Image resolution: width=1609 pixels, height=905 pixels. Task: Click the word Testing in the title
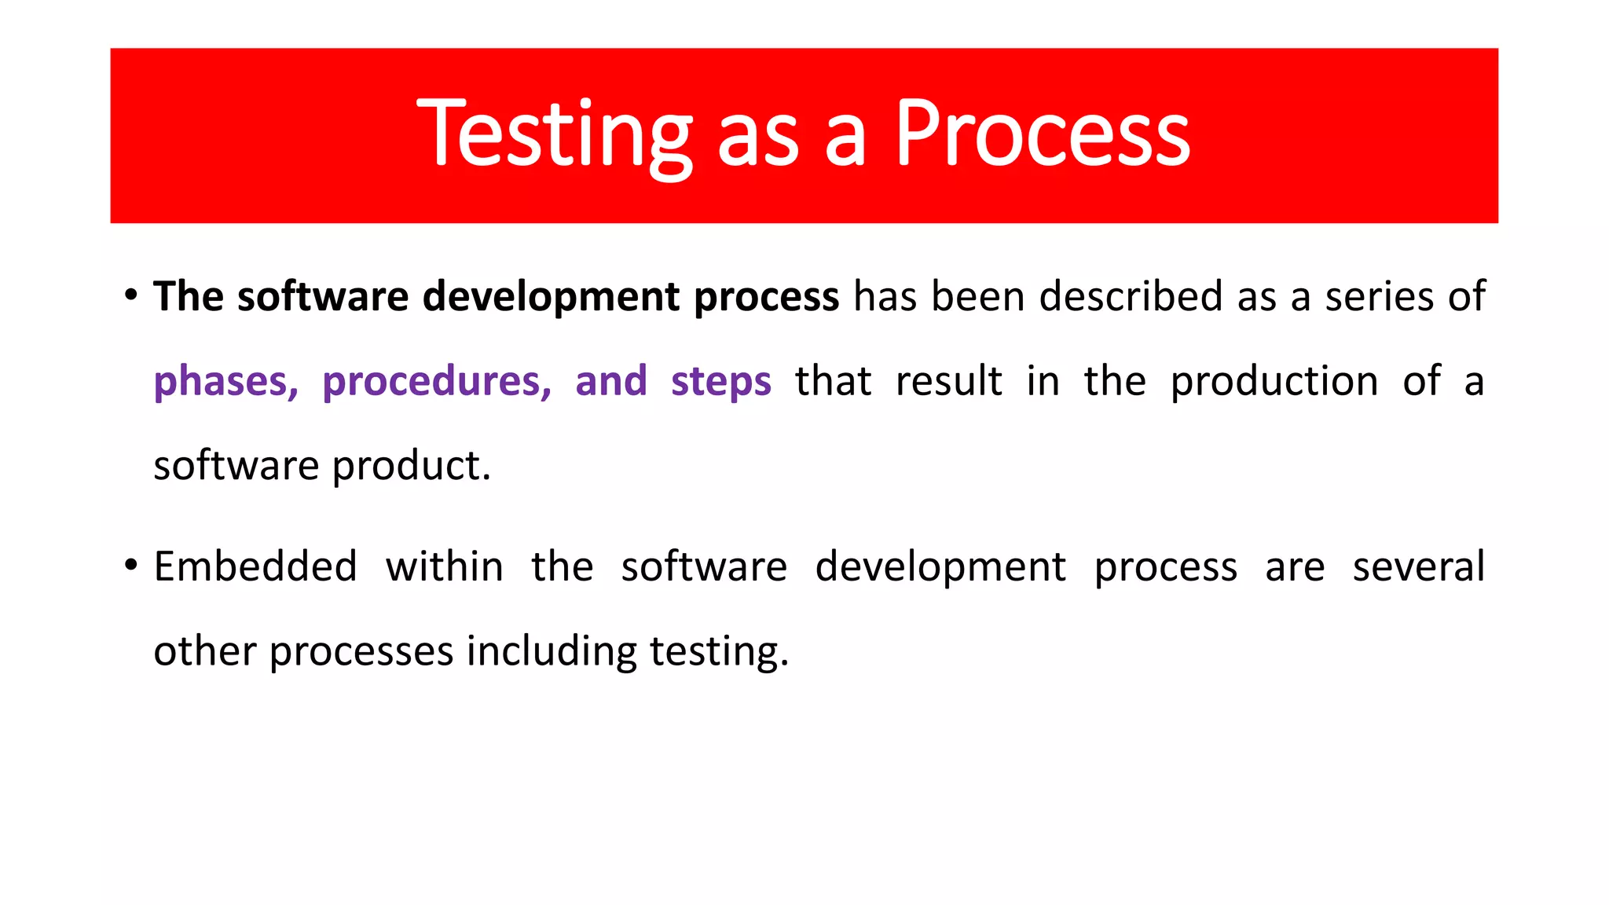554,135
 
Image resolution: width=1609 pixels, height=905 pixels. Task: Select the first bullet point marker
131,295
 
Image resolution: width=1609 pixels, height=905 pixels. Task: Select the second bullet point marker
131,566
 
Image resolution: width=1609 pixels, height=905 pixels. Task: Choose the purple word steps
720,382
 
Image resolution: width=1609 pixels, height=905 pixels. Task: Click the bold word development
551,297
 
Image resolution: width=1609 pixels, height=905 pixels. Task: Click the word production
1274,382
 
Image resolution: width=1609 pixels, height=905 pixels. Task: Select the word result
948,382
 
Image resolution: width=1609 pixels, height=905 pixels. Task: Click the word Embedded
255,566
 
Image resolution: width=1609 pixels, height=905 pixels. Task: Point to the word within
444,566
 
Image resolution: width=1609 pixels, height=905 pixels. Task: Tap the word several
1418,566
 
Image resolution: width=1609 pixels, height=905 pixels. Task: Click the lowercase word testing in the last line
718,652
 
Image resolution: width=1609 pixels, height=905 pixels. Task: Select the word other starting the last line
204,652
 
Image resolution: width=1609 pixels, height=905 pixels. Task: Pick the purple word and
610,382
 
